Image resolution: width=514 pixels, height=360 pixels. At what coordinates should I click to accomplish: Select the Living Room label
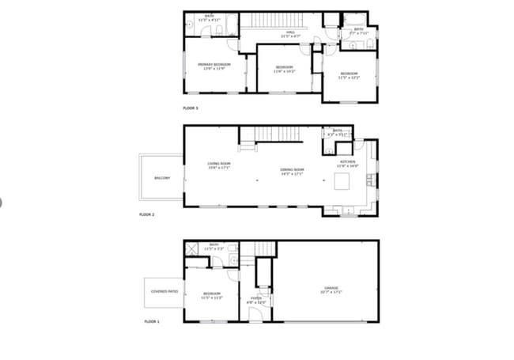point(218,165)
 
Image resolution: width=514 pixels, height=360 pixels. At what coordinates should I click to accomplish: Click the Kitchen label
point(348,165)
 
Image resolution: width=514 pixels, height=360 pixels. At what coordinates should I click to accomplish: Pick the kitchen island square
point(342,183)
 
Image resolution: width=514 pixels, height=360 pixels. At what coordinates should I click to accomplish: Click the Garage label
point(331,289)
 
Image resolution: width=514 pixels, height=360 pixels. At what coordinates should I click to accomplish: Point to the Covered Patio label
point(164,291)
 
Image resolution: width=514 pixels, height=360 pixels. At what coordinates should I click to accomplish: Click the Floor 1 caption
point(152,322)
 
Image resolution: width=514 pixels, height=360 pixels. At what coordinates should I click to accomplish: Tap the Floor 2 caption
point(147,214)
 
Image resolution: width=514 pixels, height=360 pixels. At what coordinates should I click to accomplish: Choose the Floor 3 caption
point(191,108)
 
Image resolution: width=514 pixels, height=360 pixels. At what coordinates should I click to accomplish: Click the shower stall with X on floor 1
point(191,248)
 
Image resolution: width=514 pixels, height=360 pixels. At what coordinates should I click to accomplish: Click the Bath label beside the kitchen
point(338,132)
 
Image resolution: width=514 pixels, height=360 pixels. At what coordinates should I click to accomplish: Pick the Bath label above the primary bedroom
point(210,17)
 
